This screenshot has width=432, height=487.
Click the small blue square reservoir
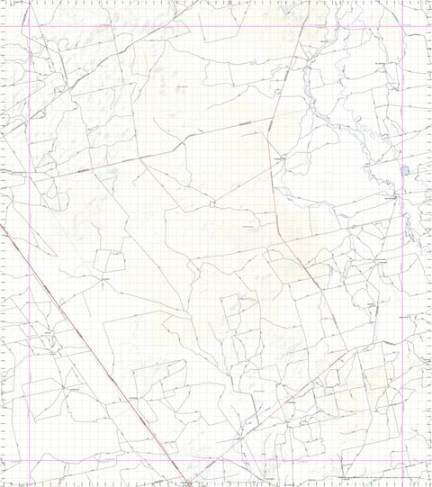pos(405,170)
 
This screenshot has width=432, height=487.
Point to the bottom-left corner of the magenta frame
pos(33,460)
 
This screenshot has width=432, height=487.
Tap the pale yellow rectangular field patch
pos(379,378)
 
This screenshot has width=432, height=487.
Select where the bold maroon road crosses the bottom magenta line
pos(171,460)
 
